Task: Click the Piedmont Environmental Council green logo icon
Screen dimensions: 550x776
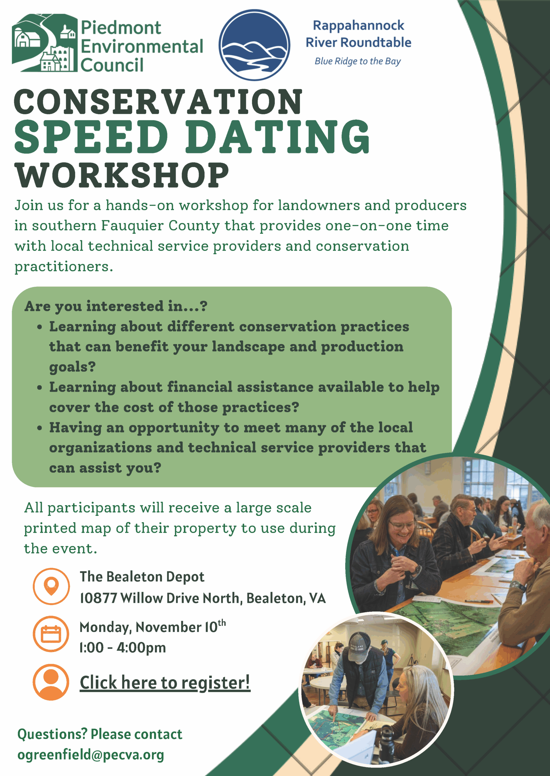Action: (x=44, y=43)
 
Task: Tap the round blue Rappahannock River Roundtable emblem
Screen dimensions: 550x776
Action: (x=254, y=45)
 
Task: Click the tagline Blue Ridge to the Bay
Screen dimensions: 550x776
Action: (x=358, y=61)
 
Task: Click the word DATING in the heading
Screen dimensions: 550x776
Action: (x=277, y=137)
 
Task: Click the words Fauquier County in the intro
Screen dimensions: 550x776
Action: (x=160, y=226)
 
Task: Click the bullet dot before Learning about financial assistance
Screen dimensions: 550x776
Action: (x=40, y=387)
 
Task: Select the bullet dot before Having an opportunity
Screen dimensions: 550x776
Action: (x=40, y=428)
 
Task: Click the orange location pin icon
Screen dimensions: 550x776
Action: (x=51, y=586)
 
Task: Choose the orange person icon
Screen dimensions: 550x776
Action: (x=51, y=682)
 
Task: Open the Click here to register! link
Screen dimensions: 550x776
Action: (x=165, y=682)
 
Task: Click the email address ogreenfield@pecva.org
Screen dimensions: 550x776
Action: (x=91, y=755)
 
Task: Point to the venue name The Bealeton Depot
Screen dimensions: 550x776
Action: (x=142, y=577)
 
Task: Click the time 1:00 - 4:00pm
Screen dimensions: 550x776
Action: (x=123, y=647)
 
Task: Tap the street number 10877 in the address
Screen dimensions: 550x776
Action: (x=98, y=598)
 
